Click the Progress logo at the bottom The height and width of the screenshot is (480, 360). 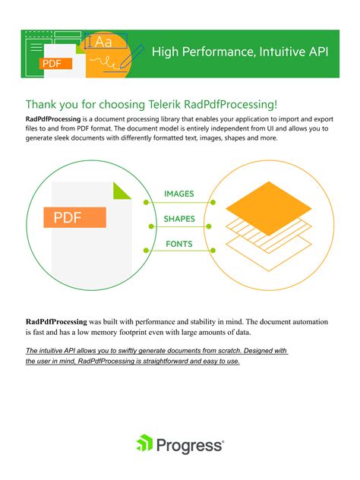tap(179, 444)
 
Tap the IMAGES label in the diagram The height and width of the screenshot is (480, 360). tap(179, 194)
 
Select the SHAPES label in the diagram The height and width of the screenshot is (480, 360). tap(179, 219)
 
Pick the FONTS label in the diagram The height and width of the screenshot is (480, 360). tap(179, 245)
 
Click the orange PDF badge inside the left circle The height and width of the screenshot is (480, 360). tap(74, 219)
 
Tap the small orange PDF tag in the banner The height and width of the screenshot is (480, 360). tap(52, 64)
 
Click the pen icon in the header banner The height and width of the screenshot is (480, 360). tap(137, 53)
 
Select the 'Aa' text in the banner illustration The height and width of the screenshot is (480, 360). tap(101, 43)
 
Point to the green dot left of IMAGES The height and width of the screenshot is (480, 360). tap(147, 203)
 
